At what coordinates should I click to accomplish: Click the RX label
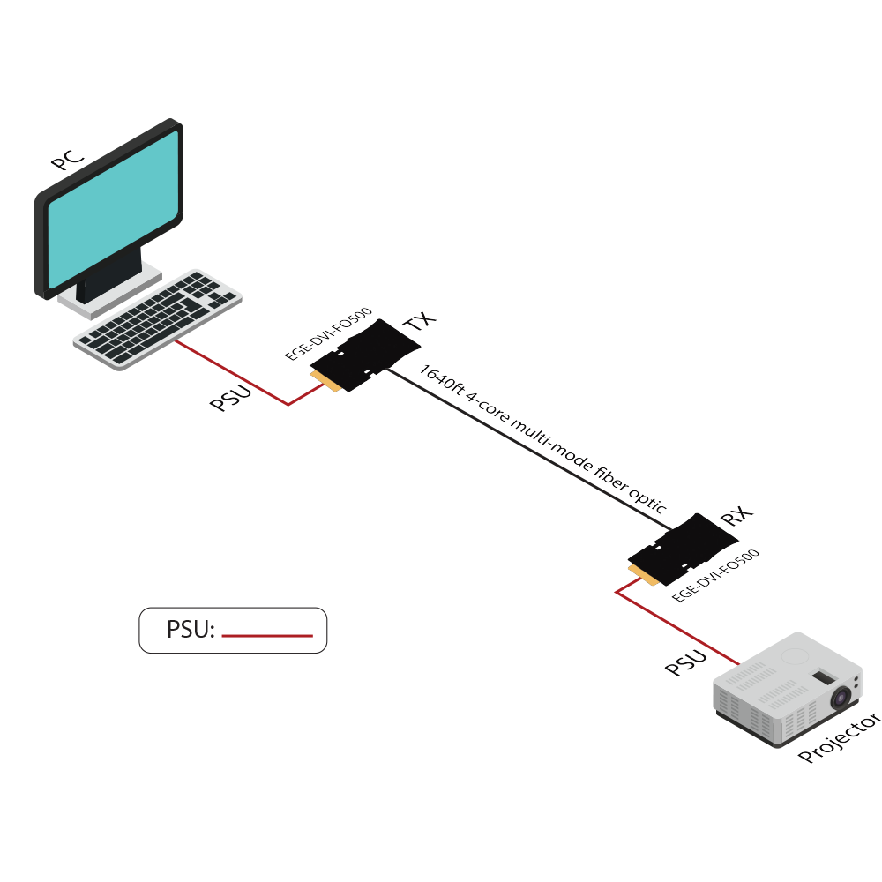(x=733, y=517)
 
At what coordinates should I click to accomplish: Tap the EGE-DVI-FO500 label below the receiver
(x=715, y=575)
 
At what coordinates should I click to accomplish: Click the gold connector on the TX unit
(x=327, y=380)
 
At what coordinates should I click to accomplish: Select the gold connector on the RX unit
(x=645, y=573)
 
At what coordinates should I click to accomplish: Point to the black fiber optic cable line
(x=529, y=450)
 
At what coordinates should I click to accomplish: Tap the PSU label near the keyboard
(x=230, y=398)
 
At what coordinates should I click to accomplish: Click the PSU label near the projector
(x=686, y=662)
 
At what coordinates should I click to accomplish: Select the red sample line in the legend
(x=267, y=635)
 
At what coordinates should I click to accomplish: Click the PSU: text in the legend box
(x=191, y=630)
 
